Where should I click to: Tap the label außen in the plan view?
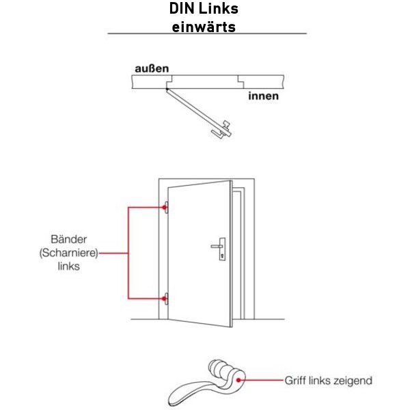(151, 68)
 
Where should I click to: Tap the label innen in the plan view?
(262, 96)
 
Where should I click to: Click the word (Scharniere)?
(69, 253)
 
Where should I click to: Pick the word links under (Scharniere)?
(69, 266)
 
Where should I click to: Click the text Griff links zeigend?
(328, 379)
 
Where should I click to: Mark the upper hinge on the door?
(165, 208)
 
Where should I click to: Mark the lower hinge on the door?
(165, 298)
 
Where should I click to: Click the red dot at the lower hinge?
(165, 298)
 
